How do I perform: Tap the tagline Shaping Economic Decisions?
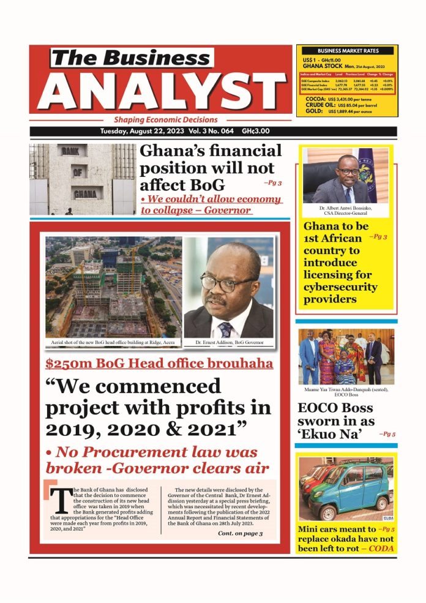point(165,120)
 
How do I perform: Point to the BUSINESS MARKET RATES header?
point(348,51)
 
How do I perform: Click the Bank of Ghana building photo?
point(82,179)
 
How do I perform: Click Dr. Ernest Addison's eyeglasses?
point(228,283)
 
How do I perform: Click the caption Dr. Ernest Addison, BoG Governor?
point(228,343)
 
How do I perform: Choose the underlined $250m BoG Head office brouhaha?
point(159,364)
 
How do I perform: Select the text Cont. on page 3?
point(240,533)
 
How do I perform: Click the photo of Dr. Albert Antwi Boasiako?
point(346,178)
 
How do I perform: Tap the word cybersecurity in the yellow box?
point(340,287)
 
